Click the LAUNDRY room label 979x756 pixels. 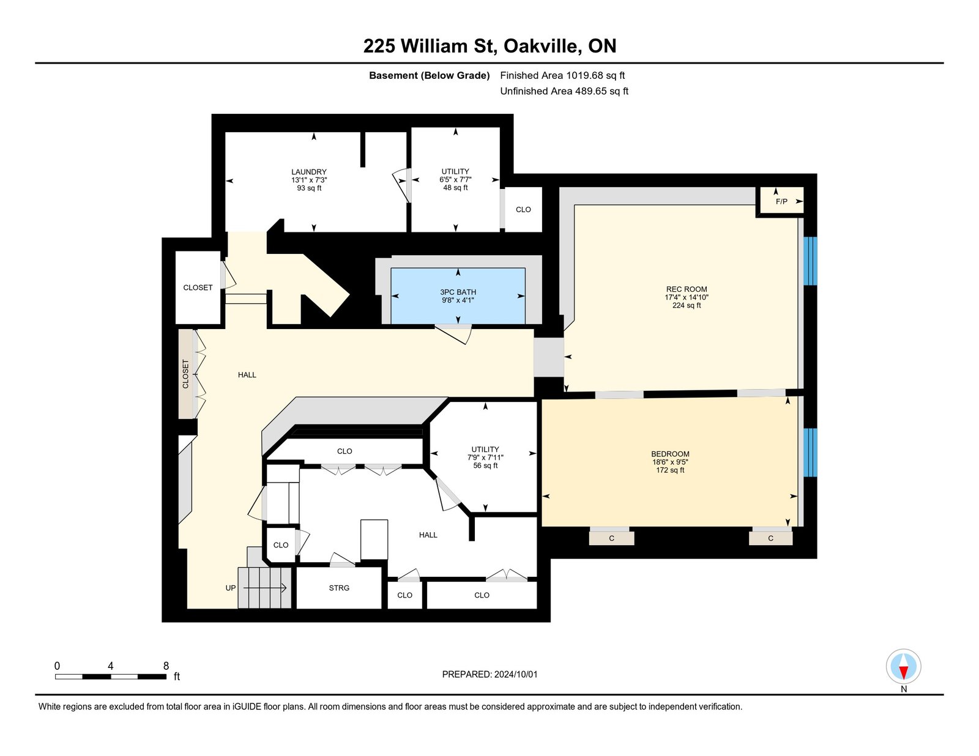point(308,172)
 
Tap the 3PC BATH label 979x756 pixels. point(458,292)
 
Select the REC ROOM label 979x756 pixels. point(687,289)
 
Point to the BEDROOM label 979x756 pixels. point(670,454)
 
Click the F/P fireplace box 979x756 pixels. point(781,201)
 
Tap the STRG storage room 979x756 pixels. point(339,588)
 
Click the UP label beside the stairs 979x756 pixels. point(230,588)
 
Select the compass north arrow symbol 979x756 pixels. point(903,667)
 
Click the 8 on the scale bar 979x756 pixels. point(166,666)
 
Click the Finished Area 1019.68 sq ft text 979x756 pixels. point(562,76)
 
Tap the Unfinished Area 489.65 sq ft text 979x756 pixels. point(564,91)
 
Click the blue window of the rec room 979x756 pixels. point(810,261)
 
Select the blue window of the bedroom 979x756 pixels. point(810,452)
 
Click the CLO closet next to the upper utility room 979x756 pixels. point(523,210)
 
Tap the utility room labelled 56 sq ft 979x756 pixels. point(485,457)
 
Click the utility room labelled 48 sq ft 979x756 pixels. point(455,179)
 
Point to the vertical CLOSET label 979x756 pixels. point(185,374)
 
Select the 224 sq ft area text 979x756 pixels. point(687,305)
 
